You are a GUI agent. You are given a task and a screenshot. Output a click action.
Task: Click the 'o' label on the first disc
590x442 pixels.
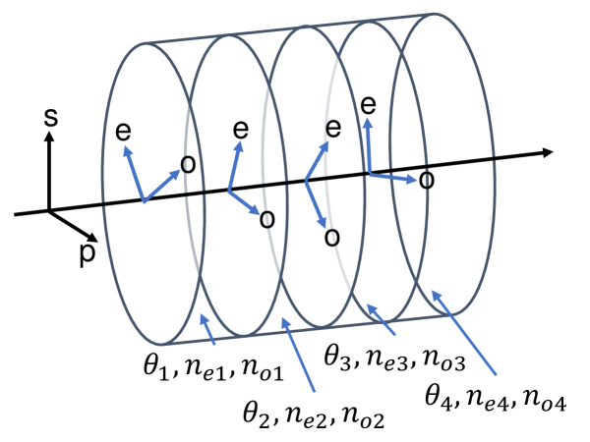pyautogui.click(x=189, y=162)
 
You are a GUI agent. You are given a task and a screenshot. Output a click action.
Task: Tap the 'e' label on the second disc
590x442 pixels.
pyautogui.click(x=239, y=130)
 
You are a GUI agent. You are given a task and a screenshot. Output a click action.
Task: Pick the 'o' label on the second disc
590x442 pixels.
pyautogui.click(x=265, y=218)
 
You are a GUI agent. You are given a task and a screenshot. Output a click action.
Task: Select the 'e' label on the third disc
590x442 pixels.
pyautogui.click(x=332, y=128)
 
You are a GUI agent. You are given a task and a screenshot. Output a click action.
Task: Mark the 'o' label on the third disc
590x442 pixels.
pyautogui.click(x=332, y=236)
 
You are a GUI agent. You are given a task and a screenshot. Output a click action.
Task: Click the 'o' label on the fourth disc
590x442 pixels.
pyautogui.click(x=426, y=181)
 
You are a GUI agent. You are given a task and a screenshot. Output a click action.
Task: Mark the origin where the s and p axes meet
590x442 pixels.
pyautogui.click(x=48, y=210)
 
